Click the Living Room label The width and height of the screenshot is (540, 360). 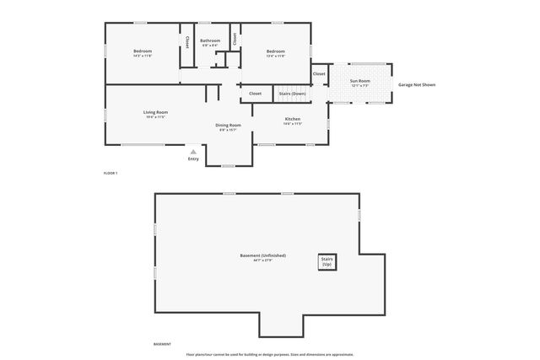(x=155, y=112)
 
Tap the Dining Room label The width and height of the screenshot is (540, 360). (x=228, y=125)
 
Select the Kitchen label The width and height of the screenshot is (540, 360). (x=292, y=119)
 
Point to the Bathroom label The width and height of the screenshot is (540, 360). (x=210, y=40)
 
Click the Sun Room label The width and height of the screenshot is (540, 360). (x=359, y=81)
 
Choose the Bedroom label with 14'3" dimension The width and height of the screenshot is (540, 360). (x=142, y=51)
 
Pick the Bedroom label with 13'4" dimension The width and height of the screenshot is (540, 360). (x=275, y=51)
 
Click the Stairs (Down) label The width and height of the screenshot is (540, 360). (x=292, y=94)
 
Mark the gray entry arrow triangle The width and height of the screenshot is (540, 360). (x=193, y=152)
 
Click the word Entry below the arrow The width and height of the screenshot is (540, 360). (x=193, y=159)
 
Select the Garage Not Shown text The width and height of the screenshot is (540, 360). (x=417, y=85)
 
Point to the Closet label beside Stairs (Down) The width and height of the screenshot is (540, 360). (x=255, y=94)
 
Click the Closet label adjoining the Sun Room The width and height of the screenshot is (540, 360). (x=319, y=74)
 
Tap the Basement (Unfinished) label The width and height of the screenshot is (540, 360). (x=263, y=255)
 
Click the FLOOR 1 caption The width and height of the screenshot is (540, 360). (x=111, y=173)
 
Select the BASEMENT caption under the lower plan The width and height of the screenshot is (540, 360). (x=162, y=344)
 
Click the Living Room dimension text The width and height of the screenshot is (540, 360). (x=155, y=117)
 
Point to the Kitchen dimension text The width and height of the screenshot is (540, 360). (x=292, y=124)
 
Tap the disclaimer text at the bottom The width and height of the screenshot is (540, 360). (x=270, y=354)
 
